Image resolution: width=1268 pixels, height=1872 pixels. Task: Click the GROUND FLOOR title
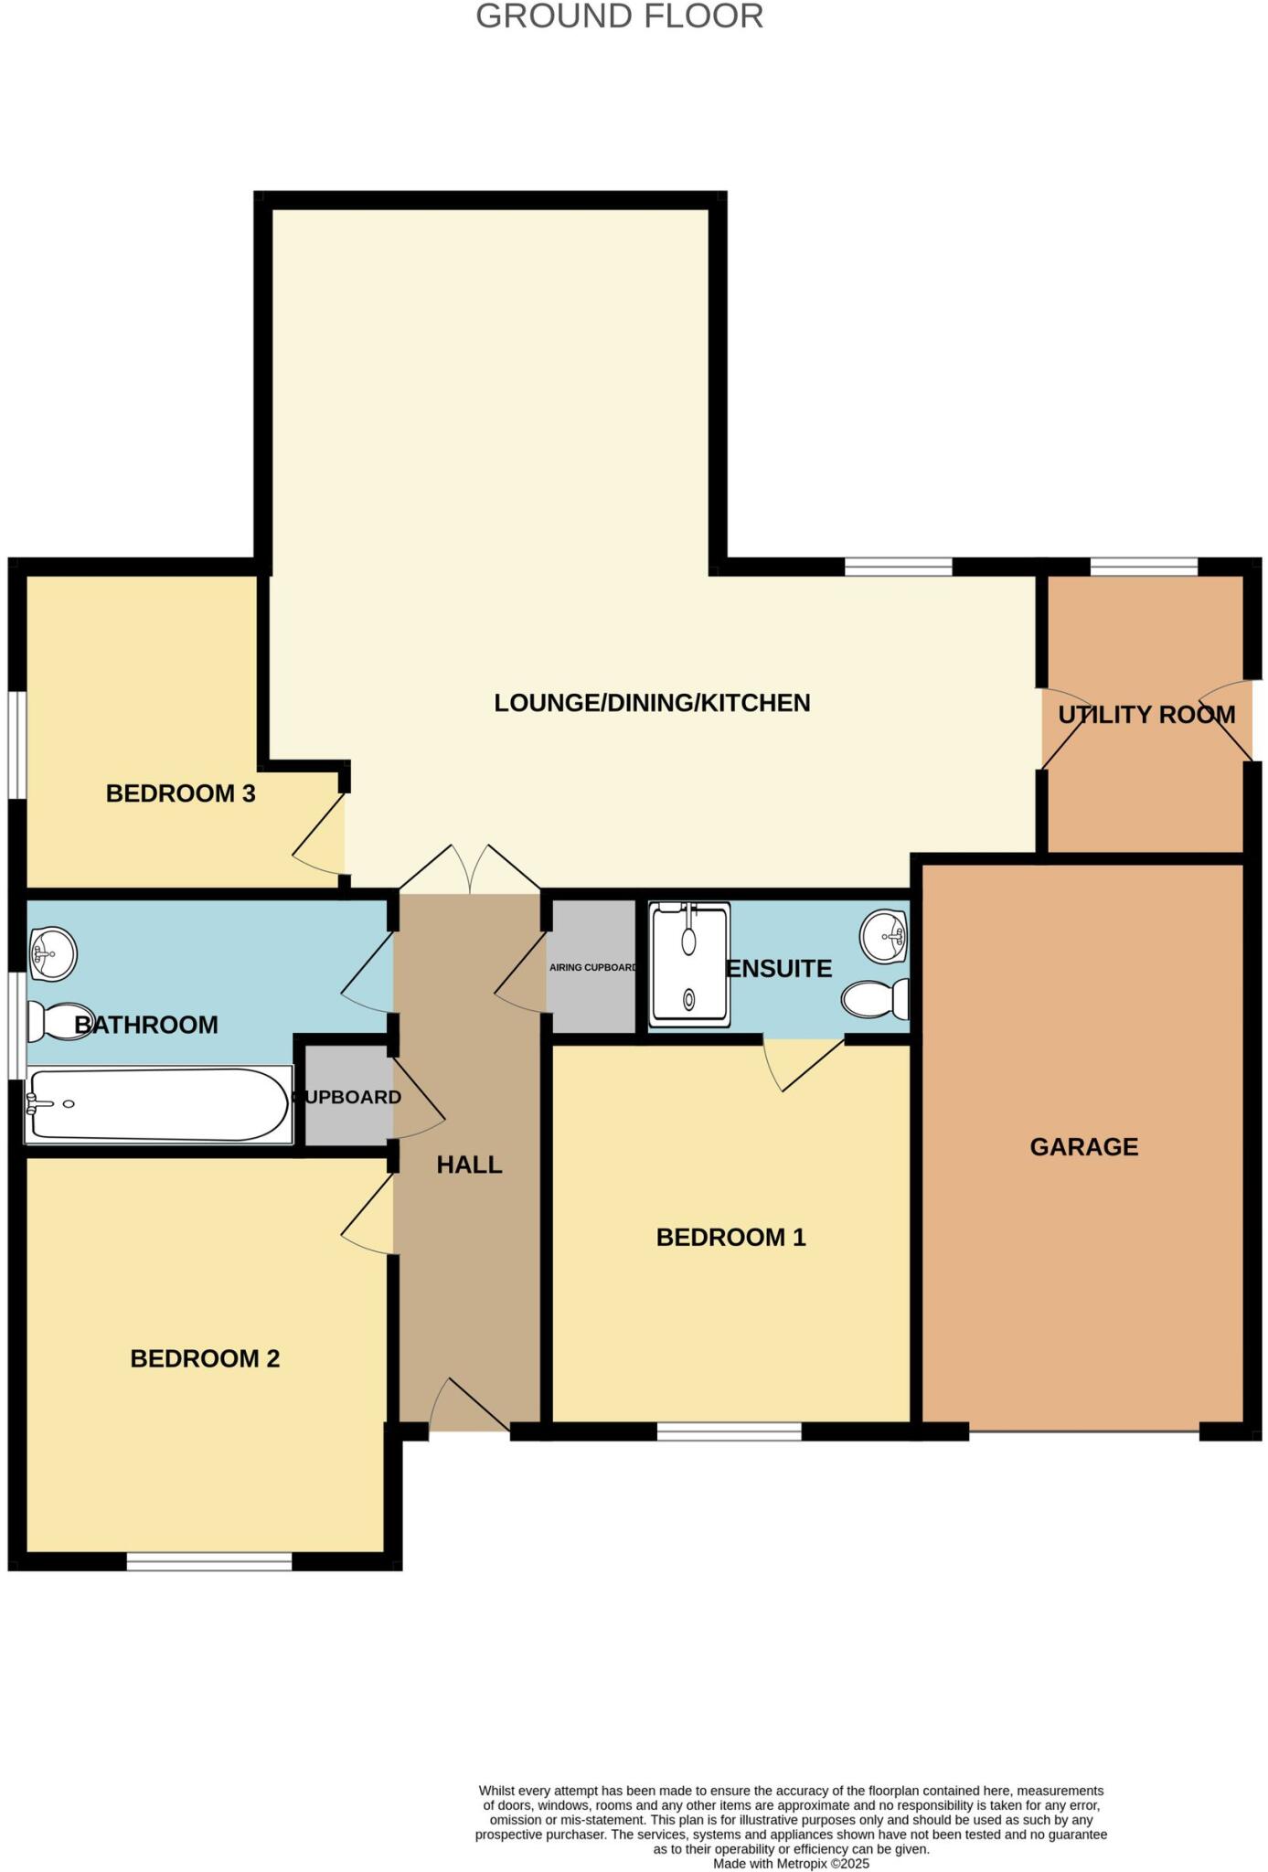click(619, 16)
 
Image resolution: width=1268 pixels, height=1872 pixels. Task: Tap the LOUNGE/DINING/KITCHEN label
click(652, 703)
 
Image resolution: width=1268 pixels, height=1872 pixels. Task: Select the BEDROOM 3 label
click(180, 793)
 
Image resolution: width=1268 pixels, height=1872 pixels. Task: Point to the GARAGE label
click(1083, 1147)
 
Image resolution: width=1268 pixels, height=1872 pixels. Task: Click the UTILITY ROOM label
click(1146, 715)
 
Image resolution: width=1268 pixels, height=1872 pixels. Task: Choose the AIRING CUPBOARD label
click(592, 967)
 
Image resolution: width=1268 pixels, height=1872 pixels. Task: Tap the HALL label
click(469, 1165)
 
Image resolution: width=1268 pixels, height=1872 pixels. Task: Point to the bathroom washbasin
click(53, 953)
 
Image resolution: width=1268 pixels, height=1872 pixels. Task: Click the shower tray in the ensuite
click(689, 964)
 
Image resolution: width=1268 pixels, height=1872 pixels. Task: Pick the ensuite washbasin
click(884, 935)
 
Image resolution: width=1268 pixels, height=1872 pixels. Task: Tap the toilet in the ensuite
click(877, 999)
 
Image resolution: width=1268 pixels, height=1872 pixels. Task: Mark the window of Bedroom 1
click(729, 1431)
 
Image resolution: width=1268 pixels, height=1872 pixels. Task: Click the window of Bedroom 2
click(208, 1562)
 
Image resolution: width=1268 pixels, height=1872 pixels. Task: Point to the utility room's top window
click(1143, 567)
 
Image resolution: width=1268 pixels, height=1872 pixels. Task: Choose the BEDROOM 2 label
click(205, 1358)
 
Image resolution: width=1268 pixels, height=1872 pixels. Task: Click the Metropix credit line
click(791, 1863)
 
